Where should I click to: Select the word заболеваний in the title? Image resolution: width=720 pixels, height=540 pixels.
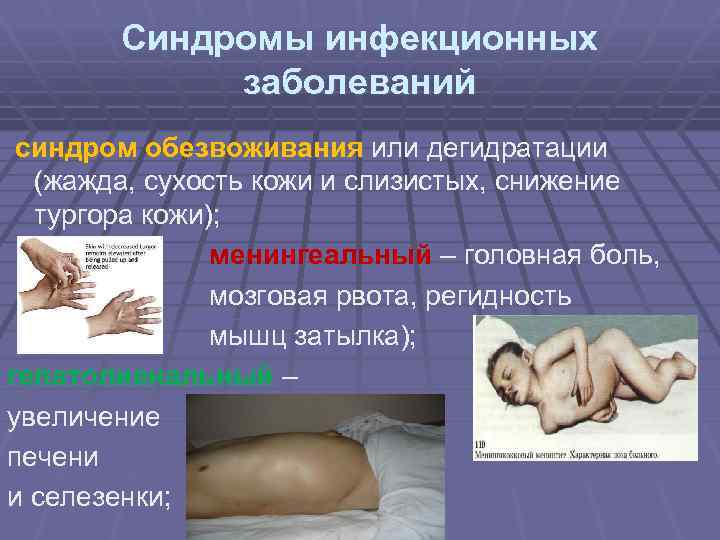(x=359, y=83)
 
